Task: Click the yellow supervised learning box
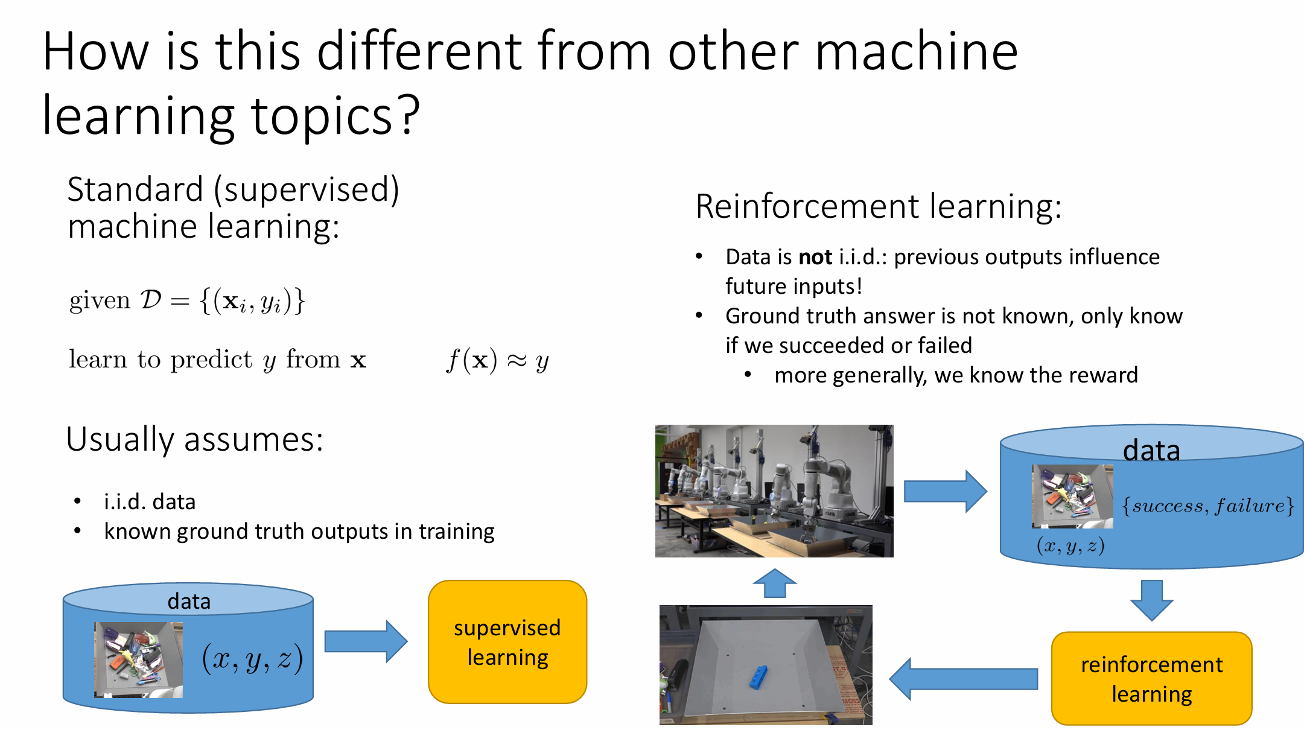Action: pyautogui.click(x=507, y=642)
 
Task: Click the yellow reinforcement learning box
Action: pyautogui.click(x=1151, y=679)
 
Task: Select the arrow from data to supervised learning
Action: pyautogui.click(x=366, y=641)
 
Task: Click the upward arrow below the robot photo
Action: pyautogui.click(x=775, y=583)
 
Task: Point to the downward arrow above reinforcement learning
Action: pyautogui.click(x=1151, y=600)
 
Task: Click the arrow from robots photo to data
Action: pyautogui.click(x=945, y=491)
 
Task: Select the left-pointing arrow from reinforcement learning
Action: pyautogui.click(x=963, y=679)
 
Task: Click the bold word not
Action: pyautogui.click(x=815, y=258)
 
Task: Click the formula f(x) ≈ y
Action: pyautogui.click(x=497, y=361)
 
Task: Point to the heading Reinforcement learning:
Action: pyautogui.click(x=878, y=206)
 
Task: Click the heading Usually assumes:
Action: pyautogui.click(x=194, y=439)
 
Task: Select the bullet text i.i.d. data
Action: pyautogui.click(x=150, y=502)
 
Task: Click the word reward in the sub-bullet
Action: pyautogui.click(x=1108, y=375)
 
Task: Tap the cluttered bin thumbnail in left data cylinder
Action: pyautogui.click(x=138, y=660)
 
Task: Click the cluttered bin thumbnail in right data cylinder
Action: pyautogui.click(x=1072, y=496)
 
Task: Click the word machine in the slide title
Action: pyautogui.click(x=917, y=52)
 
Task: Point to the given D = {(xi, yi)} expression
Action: pyautogui.click(x=187, y=300)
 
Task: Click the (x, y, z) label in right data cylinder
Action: pyautogui.click(x=1070, y=546)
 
